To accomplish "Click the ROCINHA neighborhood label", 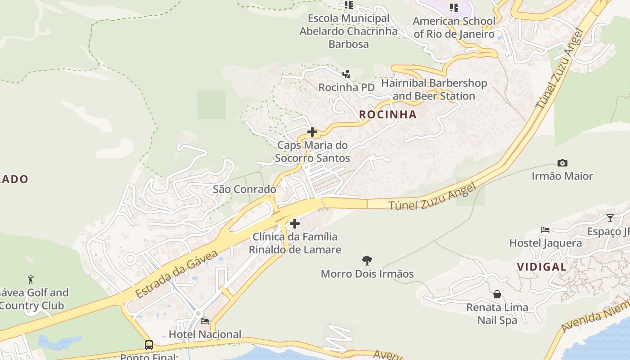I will tap(388, 115).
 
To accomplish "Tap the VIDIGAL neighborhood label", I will tap(541, 267).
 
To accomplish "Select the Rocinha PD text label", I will tap(346, 87).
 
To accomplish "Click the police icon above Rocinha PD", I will tap(346, 74).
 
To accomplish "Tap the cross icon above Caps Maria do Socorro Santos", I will tap(312, 132).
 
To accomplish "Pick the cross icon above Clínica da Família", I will tap(295, 223).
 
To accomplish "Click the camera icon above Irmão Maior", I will tap(562, 163).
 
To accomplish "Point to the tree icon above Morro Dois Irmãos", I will tap(367, 260).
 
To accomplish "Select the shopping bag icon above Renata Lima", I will tap(497, 294).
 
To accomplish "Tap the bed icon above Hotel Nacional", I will tap(205, 321).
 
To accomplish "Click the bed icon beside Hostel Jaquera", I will tap(545, 230).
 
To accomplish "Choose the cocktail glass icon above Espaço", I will tap(610, 218).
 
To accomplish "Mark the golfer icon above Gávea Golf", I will tap(31, 279).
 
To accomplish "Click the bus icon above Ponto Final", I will tap(149, 345).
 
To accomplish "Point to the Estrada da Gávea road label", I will tap(176, 273).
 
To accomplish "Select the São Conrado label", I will tap(244, 189).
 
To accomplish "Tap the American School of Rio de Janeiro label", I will tap(454, 27).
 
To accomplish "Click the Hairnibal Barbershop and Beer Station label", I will tap(434, 90).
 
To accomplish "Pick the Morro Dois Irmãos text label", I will tap(367, 274).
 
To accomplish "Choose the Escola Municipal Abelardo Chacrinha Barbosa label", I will tap(348, 31).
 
